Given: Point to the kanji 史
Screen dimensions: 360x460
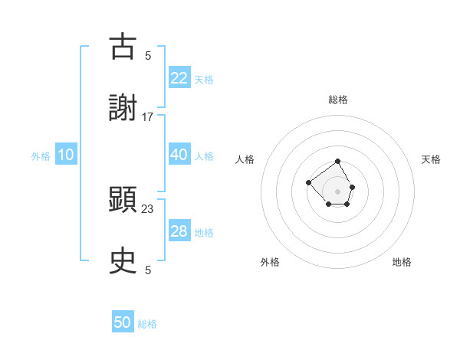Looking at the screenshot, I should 123,260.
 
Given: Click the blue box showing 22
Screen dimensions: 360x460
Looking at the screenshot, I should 179,77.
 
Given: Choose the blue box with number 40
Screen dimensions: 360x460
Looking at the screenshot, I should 179,155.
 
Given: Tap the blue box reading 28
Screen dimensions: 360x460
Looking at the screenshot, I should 179,232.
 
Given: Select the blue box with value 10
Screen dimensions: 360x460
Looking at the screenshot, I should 66,155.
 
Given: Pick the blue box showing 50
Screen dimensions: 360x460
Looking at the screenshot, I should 123,323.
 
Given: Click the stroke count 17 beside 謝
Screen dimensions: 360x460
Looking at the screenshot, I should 148,117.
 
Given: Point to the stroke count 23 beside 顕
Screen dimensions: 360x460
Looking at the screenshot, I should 148,208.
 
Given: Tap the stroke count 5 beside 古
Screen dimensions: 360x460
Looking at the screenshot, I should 148,56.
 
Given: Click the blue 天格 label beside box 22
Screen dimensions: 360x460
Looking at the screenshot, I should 203,79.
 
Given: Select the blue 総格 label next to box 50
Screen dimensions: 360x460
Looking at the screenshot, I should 147,325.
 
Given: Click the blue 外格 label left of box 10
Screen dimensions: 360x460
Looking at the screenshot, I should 41,156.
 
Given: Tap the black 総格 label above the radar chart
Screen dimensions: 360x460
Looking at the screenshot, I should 338,100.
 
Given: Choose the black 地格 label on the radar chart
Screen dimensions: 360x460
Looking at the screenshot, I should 402,262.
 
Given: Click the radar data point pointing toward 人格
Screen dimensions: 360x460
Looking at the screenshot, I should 308,182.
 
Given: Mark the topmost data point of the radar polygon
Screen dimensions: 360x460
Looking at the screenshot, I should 338,162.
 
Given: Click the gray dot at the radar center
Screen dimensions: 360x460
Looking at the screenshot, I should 338,191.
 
